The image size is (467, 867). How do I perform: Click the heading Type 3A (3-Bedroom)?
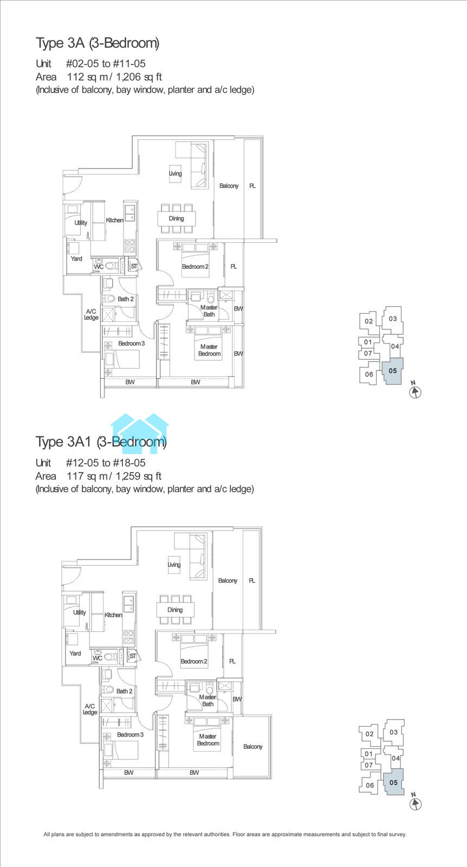point(98,43)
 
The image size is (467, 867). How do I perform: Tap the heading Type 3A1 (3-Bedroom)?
point(101,442)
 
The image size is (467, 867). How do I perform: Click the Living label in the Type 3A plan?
point(176,173)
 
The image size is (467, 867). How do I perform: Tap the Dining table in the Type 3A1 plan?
point(176,610)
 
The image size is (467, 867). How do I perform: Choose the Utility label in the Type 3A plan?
point(81,223)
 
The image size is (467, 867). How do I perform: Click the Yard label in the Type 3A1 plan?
point(75,653)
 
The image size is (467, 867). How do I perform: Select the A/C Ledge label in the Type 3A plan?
point(92,314)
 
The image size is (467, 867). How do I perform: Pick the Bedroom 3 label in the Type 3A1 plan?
point(131,734)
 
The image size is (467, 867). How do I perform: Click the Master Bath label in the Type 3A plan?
point(209,311)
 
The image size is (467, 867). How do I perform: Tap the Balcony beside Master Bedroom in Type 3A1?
point(252,746)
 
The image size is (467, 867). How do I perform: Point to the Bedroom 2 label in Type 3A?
point(196,266)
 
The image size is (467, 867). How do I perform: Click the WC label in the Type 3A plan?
point(99,267)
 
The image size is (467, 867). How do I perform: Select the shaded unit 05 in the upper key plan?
point(393,371)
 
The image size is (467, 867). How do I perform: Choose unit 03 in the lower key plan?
point(393,732)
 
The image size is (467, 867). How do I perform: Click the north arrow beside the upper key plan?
point(415,391)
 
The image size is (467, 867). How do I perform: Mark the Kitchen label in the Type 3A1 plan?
point(113,614)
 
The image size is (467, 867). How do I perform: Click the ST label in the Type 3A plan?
point(134,266)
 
